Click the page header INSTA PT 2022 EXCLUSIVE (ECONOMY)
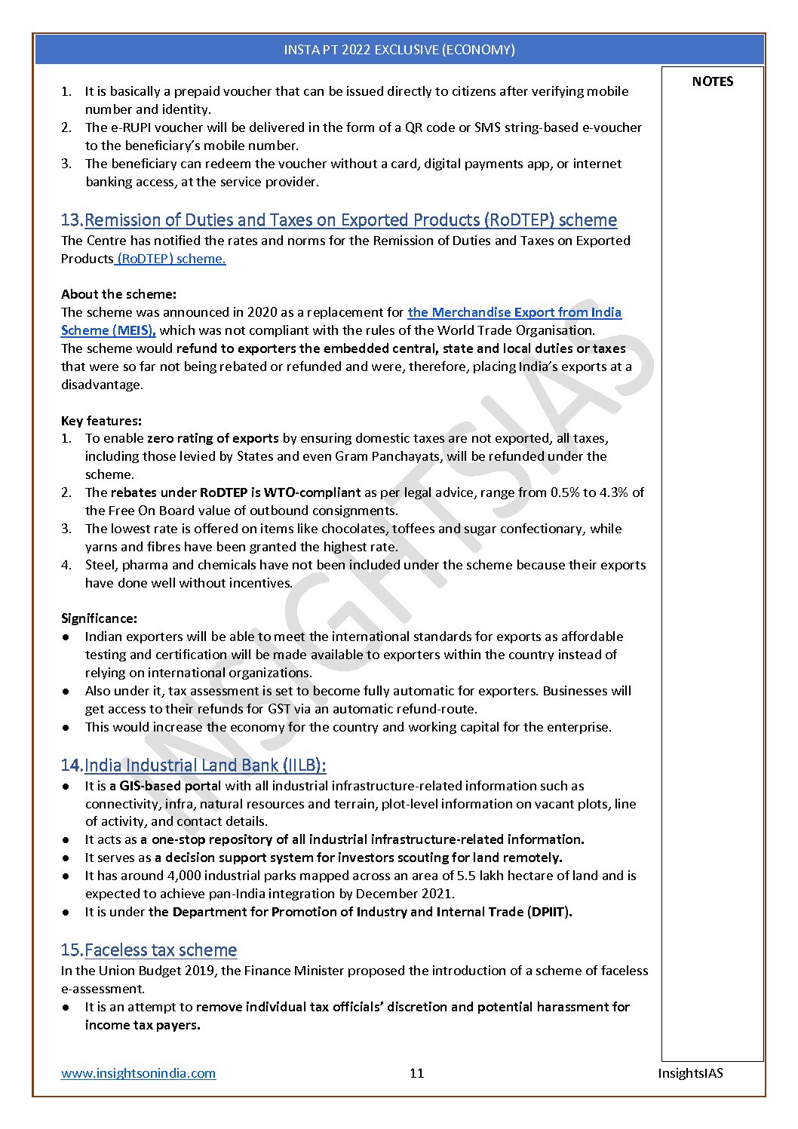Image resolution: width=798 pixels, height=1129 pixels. pos(399,50)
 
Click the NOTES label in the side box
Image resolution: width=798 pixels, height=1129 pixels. pos(712,81)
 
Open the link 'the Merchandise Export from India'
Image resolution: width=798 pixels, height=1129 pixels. pos(514,312)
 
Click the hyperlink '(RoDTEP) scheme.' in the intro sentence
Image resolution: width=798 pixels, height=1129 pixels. pos(171,259)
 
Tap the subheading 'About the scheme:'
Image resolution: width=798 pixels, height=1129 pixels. pos(118,294)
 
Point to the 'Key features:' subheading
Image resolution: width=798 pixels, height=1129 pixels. pos(101,421)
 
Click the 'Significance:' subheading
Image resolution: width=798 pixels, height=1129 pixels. pos(99,618)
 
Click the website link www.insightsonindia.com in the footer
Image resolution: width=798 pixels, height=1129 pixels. pos(138,1073)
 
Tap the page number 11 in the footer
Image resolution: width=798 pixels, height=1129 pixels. pos(417,1073)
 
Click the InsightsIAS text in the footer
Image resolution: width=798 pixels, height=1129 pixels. pos(690,1073)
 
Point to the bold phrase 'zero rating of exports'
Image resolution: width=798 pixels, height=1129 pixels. pos(213,438)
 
